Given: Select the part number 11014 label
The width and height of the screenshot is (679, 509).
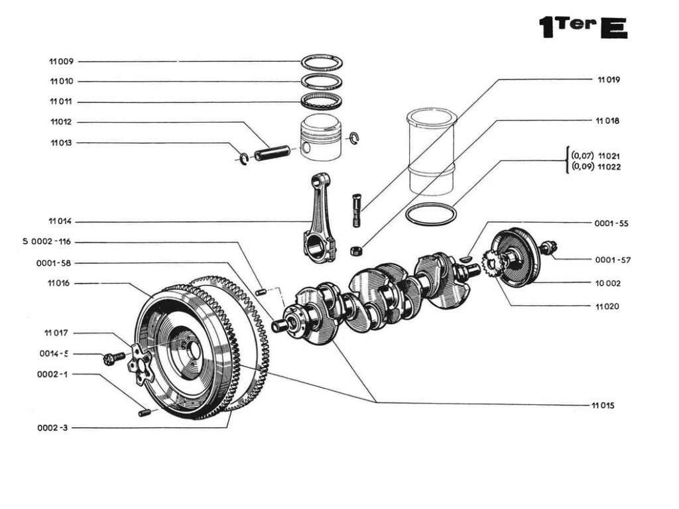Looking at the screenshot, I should tap(61, 221).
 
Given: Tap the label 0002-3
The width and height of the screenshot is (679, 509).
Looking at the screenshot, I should tap(52, 428).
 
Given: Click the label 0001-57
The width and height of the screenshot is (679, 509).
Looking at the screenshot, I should tap(612, 260).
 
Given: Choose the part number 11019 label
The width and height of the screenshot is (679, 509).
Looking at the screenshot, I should tap(608, 80).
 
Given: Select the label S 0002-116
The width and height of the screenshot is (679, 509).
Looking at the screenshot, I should tap(51, 242).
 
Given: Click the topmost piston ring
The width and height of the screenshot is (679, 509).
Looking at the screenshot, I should tap(322, 62).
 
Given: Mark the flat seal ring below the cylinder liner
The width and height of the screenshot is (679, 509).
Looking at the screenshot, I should tap(431, 215).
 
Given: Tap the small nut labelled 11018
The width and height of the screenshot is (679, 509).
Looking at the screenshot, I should tap(355, 251).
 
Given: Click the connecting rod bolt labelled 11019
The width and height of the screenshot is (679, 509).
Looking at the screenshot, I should tap(357, 209).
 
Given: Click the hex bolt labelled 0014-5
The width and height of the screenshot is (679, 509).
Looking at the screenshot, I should tap(113, 358).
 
